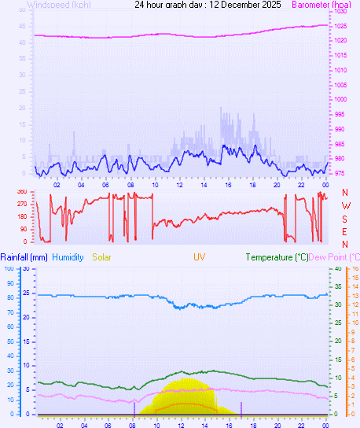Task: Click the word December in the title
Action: tap(241, 5)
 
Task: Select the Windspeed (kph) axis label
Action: tap(58, 5)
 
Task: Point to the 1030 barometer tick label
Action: tap(340, 12)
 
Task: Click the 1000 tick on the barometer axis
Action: tap(340, 99)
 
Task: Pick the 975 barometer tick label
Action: tap(338, 173)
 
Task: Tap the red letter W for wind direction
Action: tap(345, 206)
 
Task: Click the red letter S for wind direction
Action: tap(345, 219)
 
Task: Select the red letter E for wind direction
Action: tap(345, 231)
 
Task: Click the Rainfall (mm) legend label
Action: tap(24, 257)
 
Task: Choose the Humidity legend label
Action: tap(68, 257)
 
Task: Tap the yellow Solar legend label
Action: tap(102, 257)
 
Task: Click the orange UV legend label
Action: tap(200, 257)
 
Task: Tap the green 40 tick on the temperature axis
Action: tap(337, 268)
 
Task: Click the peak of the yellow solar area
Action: tap(187, 380)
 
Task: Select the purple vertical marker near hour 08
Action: tap(134, 408)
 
